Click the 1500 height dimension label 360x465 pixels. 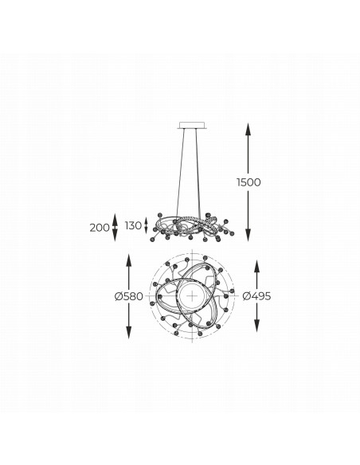pyautogui.click(x=248, y=182)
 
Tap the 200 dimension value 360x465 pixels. pyautogui.click(x=100, y=228)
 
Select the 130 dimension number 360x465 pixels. pyautogui.click(x=133, y=225)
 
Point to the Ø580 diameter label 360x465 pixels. pyautogui.click(x=129, y=296)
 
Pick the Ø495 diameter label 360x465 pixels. pyautogui.click(x=256, y=296)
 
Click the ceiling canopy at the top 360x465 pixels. pyautogui.click(x=193, y=125)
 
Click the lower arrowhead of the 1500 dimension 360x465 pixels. pyautogui.click(x=248, y=235)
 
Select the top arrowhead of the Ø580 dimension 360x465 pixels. pyautogui.click(x=129, y=260)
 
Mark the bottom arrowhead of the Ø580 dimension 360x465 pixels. pyautogui.click(x=129, y=332)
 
